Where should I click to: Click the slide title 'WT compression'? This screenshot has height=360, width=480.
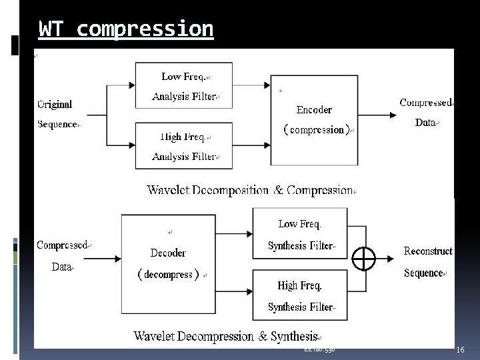pyautogui.click(x=126, y=29)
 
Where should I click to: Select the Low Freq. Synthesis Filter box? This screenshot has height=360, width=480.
pyautogui.click(x=300, y=233)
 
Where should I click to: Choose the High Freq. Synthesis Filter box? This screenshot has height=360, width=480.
pyautogui.click(x=300, y=295)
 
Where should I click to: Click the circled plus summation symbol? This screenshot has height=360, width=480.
pyautogui.click(x=364, y=258)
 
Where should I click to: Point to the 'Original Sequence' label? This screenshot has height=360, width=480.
pyautogui.click(x=57, y=114)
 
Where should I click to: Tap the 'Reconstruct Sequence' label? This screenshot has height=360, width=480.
pyautogui.click(x=428, y=262)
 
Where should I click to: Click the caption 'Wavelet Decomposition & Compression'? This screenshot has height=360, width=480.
pyautogui.click(x=250, y=190)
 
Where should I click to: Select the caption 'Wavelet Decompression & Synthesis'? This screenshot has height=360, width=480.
pyautogui.click(x=226, y=337)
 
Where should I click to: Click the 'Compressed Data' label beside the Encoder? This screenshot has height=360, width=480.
pyautogui.click(x=425, y=113)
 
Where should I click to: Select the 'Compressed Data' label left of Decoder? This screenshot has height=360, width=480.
pyautogui.click(x=63, y=256)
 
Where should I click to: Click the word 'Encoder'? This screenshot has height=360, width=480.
pyautogui.click(x=314, y=110)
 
